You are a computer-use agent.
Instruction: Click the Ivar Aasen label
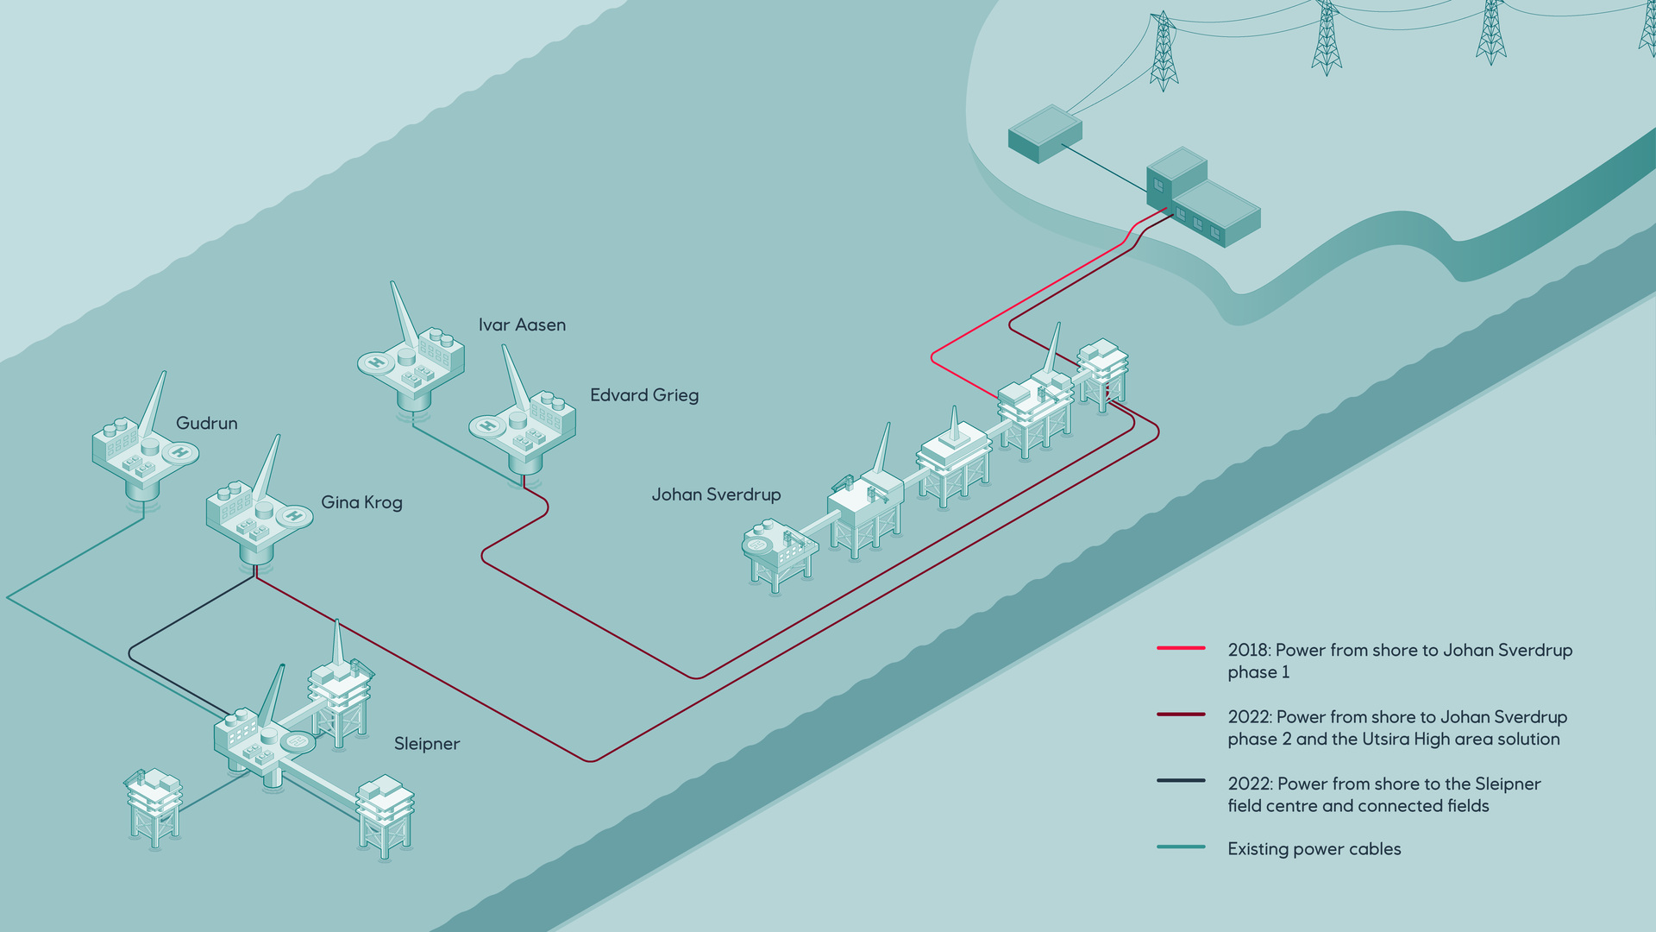522,325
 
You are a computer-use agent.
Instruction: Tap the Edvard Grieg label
643,395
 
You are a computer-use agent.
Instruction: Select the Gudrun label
206,423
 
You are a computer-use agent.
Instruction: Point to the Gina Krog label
361,502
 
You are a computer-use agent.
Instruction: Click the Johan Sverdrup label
716,494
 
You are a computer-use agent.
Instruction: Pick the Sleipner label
426,744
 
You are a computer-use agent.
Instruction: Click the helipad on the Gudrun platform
180,451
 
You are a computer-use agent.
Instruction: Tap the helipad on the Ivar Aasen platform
376,362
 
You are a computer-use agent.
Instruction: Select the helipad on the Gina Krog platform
294,516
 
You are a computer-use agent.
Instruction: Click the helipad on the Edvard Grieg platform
487,425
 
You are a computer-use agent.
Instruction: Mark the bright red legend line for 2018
1181,647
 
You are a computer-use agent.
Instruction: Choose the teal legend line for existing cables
1181,847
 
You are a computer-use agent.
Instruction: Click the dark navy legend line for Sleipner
1181,781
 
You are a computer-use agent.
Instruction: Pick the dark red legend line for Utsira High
1181,715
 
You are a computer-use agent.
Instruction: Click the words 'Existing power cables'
1314,849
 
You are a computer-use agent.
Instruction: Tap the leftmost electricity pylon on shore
1164,52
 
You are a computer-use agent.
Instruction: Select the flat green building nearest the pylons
1045,133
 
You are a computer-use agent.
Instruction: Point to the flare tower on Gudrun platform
154,406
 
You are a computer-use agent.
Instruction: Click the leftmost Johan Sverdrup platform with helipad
776,552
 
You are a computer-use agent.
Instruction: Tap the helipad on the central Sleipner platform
298,741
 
